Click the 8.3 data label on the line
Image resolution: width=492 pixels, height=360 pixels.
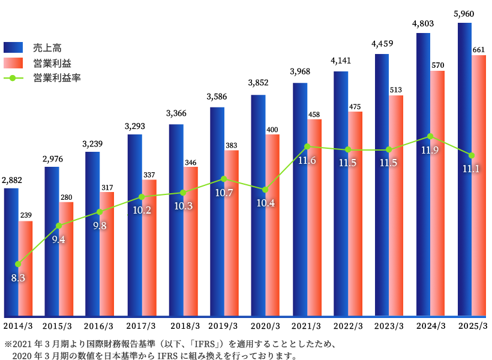click(x=18, y=278)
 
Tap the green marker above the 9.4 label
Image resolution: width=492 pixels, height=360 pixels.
click(x=59, y=226)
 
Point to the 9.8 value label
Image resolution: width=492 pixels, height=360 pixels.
click(x=100, y=226)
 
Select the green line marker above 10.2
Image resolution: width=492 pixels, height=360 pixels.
click(x=142, y=196)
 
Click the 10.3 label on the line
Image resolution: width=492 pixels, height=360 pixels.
click(x=182, y=206)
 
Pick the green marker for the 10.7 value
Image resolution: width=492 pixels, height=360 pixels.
click(x=224, y=179)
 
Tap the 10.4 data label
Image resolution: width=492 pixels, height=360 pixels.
click(x=265, y=203)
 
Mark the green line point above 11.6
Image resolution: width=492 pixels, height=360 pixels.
click(x=307, y=146)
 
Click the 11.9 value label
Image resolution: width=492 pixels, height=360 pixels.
click(x=430, y=150)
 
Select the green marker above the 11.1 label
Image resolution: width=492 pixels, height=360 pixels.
click(x=472, y=155)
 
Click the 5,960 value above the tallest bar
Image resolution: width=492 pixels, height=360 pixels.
click(x=465, y=13)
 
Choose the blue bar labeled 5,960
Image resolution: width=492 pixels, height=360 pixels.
click(x=464, y=168)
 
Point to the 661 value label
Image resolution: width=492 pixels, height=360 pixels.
click(x=479, y=50)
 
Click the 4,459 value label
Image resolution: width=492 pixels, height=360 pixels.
click(x=382, y=43)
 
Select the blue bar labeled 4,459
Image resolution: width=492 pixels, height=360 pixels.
click(x=382, y=180)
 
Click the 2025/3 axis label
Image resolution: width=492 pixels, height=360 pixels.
click(x=473, y=326)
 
